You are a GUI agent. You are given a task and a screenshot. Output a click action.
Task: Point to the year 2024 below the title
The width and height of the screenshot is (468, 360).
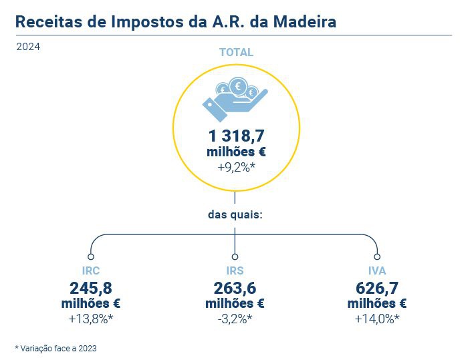pyautogui.click(x=28, y=47)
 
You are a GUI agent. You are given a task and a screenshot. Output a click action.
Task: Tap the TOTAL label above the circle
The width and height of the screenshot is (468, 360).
pyautogui.click(x=237, y=52)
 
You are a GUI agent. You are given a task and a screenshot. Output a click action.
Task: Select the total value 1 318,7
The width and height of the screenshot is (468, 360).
pyautogui.click(x=236, y=136)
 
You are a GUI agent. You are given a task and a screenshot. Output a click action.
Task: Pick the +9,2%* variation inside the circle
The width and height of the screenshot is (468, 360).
pyautogui.click(x=237, y=167)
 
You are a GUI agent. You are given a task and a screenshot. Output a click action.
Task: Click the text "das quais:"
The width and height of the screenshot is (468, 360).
pyautogui.click(x=235, y=215)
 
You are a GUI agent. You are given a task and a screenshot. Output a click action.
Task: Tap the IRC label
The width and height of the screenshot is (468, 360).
pyautogui.click(x=90, y=271)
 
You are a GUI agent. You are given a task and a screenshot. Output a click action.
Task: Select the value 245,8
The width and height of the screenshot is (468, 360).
pyautogui.click(x=90, y=288)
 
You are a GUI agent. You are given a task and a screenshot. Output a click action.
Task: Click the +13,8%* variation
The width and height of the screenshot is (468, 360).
pyautogui.click(x=91, y=319)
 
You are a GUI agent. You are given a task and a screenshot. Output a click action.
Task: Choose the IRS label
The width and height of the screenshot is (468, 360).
pyautogui.click(x=235, y=271)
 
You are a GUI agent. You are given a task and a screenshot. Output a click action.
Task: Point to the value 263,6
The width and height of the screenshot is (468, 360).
pyautogui.click(x=235, y=288)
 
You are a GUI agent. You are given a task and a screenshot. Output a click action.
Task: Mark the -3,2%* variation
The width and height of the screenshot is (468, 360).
pyautogui.click(x=235, y=319)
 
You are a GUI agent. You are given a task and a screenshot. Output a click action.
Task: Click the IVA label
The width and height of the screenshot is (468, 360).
pyautogui.click(x=378, y=271)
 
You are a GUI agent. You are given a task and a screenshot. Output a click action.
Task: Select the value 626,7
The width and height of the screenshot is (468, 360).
pyautogui.click(x=378, y=288)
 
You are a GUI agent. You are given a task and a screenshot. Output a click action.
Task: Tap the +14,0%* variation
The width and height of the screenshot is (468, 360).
pyautogui.click(x=378, y=319)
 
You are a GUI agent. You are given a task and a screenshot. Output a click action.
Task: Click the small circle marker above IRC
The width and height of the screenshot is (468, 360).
pyautogui.click(x=91, y=256)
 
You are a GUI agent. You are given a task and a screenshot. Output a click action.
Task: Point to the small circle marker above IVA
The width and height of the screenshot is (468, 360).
pyautogui.click(x=378, y=256)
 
